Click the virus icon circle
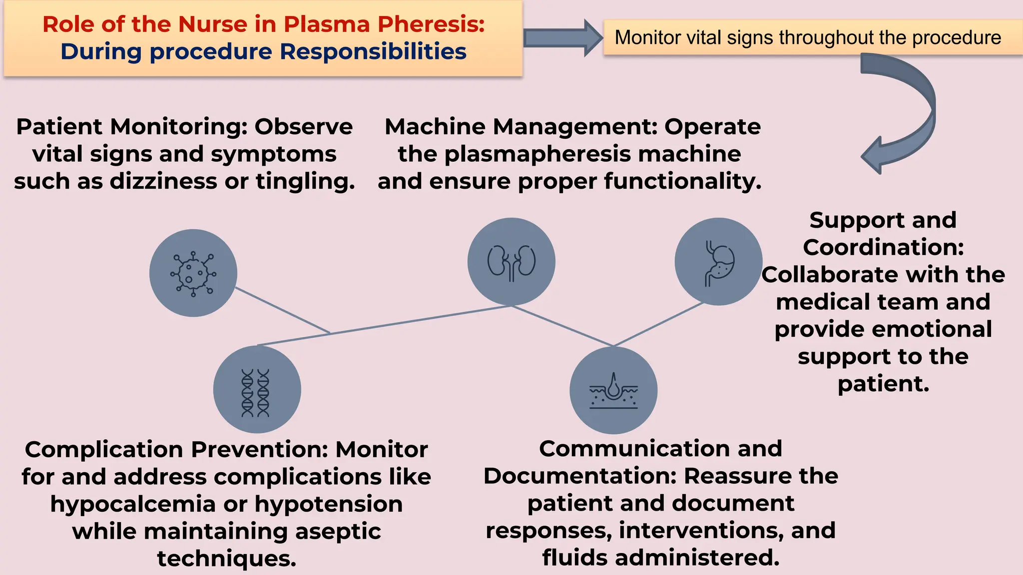(193, 273)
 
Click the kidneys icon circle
(511, 262)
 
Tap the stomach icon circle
(718, 262)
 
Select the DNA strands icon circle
(257, 389)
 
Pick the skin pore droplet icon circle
(613, 390)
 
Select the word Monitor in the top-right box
(648, 38)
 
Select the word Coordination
(883, 248)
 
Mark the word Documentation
(579, 476)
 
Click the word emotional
(933, 329)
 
